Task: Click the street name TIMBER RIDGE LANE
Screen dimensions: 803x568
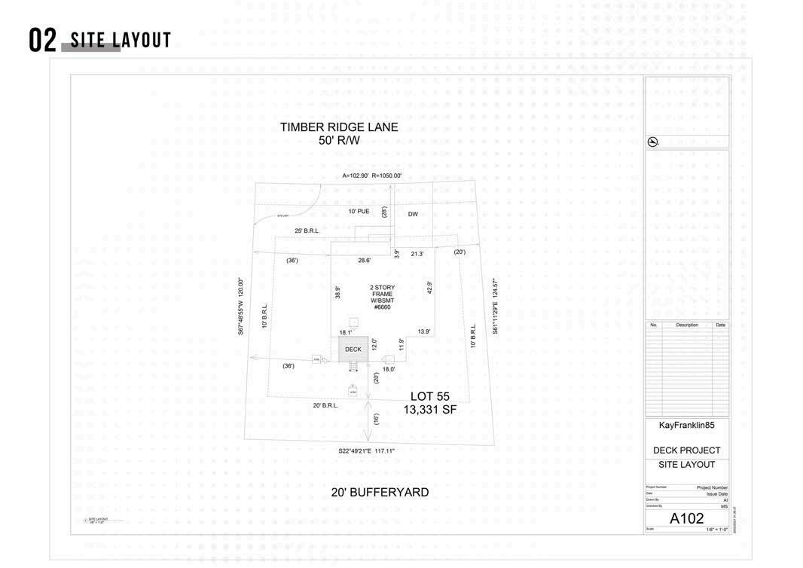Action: point(339,127)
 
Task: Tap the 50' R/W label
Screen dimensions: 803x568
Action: point(339,140)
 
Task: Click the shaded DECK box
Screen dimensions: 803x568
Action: point(353,349)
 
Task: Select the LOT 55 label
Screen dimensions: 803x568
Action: point(430,396)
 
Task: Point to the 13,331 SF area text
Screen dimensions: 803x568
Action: point(430,410)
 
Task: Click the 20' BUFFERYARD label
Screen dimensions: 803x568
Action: point(380,493)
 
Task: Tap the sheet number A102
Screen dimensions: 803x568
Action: point(686,519)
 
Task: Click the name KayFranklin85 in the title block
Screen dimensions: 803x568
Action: point(686,426)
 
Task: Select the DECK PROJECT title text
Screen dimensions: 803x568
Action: point(686,450)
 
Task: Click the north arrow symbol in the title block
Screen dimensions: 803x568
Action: point(653,142)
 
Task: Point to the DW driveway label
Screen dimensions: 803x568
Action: point(413,214)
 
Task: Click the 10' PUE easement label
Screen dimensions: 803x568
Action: point(359,212)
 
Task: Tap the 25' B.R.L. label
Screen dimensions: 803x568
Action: point(307,231)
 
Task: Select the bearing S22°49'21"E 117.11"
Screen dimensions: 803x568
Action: point(366,451)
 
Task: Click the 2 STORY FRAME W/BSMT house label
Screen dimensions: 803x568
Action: point(382,297)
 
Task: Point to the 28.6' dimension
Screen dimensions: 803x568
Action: point(364,260)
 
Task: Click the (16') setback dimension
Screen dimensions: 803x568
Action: point(376,419)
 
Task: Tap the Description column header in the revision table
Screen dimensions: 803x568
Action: point(686,325)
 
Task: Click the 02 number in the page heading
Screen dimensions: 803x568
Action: point(42,41)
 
